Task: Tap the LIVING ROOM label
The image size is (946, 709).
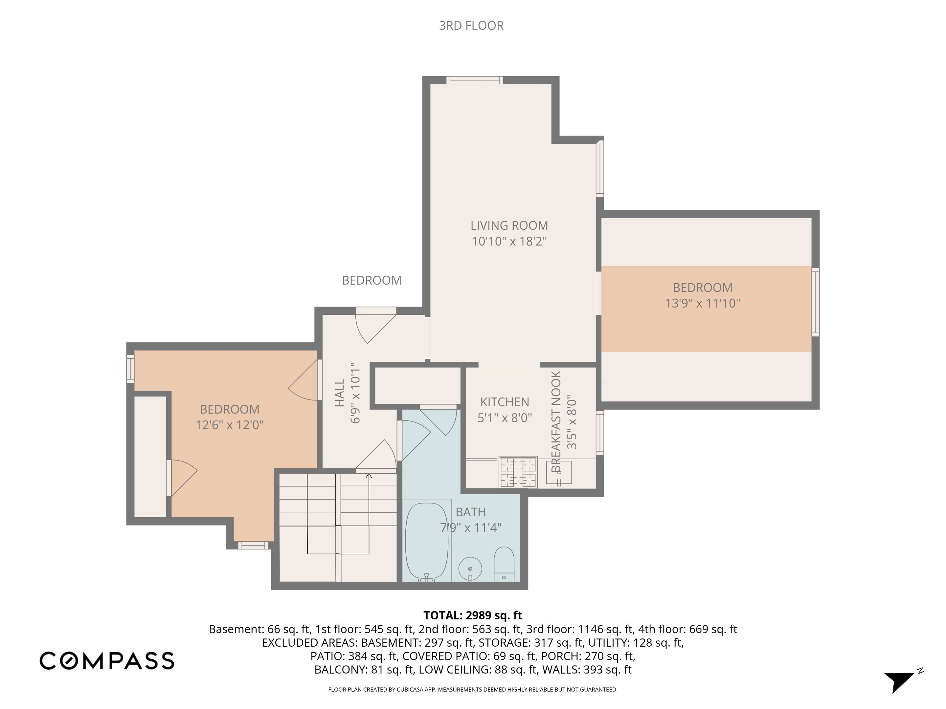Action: [x=509, y=225]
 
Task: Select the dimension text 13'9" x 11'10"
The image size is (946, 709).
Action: [x=702, y=303]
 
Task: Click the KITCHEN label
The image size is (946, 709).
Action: [x=504, y=402]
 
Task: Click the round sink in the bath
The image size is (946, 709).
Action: [x=470, y=569]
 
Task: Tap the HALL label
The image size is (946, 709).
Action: [x=339, y=393]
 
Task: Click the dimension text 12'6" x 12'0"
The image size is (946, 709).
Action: [x=230, y=425]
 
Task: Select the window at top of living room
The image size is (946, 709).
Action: [x=474, y=80]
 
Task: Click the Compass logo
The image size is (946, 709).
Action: [x=107, y=660]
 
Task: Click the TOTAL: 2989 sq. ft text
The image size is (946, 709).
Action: [x=473, y=615]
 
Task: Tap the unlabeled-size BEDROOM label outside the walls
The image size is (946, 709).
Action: [x=371, y=280]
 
